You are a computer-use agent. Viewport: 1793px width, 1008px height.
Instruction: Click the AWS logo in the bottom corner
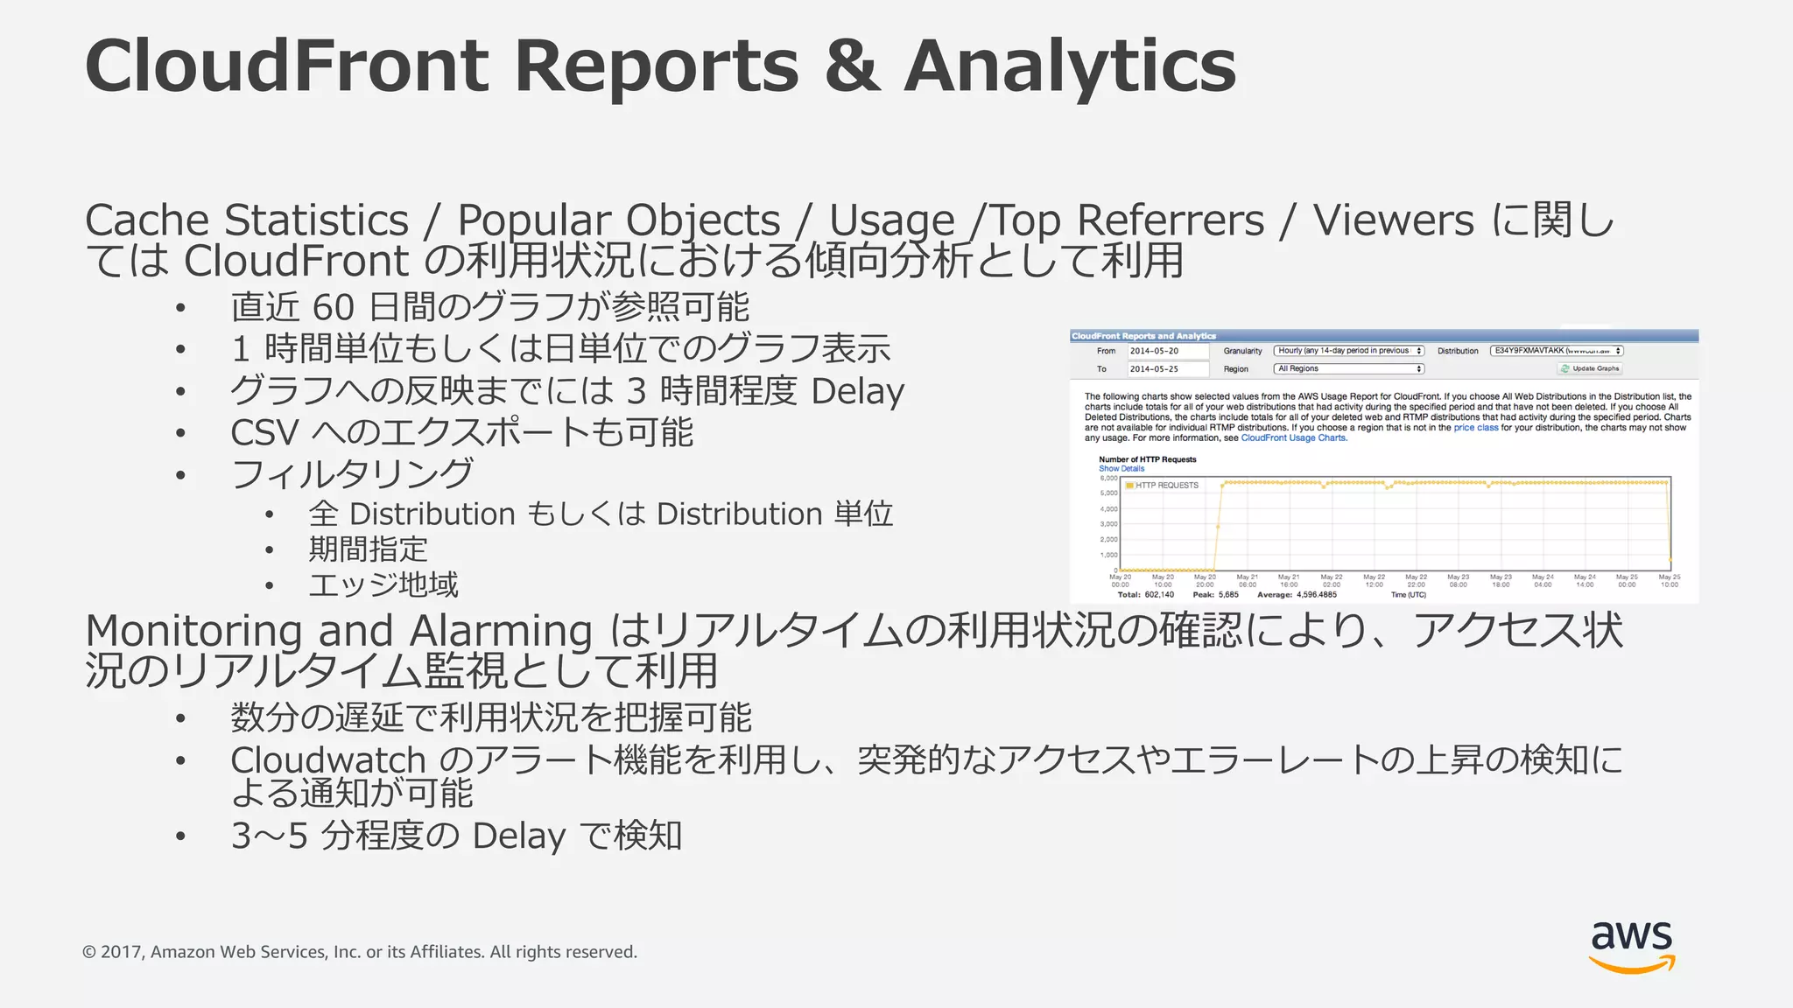point(1631,947)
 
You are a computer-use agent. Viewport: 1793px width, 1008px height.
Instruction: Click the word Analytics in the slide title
point(1069,66)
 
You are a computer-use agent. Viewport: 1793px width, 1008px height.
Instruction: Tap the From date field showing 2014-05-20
point(1167,351)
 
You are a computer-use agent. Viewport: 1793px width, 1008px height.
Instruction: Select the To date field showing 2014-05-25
point(1167,369)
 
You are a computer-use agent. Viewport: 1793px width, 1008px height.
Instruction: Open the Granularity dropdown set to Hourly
point(1349,351)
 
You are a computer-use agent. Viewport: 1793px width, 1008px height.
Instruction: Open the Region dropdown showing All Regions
point(1349,369)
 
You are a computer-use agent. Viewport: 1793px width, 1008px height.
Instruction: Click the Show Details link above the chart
point(1122,469)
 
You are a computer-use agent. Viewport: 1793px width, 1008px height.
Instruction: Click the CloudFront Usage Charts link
point(1293,438)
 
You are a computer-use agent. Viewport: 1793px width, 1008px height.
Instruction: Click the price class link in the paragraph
point(1476,428)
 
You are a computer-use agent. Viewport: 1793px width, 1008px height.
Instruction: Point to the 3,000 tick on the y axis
point(1108,524)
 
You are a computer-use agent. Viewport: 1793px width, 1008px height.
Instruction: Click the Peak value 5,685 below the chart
point(1228,595)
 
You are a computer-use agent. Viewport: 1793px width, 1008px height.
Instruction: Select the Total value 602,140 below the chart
point(1159,595)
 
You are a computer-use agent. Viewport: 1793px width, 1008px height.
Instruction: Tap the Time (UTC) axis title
point(1408,595)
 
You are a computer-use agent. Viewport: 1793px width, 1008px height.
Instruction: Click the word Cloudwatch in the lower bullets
point(327,760)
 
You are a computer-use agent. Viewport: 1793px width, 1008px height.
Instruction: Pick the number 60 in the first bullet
point(333,308)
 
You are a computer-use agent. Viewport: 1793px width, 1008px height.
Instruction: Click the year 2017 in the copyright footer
point(121,952)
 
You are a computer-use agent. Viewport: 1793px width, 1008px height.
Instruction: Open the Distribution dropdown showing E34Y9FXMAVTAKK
point(1557,351)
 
